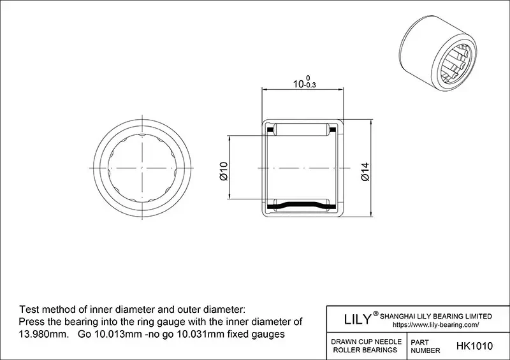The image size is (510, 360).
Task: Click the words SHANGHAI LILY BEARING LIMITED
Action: [x=436, y=316]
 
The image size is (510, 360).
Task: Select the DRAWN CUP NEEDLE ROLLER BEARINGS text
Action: [x=365, y=346]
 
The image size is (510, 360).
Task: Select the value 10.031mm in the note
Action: [x=203, y=334]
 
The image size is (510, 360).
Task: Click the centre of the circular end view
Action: [x=142, y=168]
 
